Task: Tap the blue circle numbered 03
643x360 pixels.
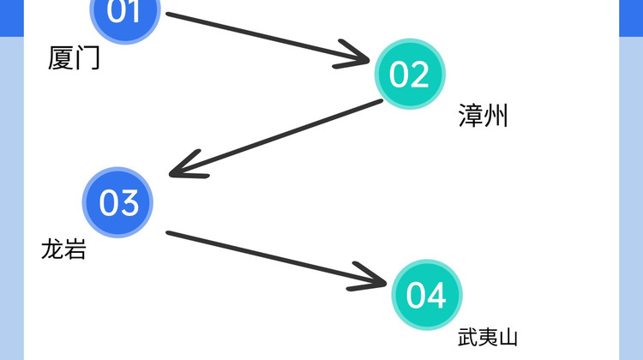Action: [117, 203]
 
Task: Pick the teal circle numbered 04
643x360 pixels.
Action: [426, 295]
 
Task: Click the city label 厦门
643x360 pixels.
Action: [75, 58]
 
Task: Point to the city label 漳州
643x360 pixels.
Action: [484, 116]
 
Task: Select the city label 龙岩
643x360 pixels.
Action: [64, 249]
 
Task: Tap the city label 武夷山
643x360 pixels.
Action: [488, 338]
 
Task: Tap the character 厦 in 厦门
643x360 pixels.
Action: [62, 58]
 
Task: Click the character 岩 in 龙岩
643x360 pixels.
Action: [75, 249]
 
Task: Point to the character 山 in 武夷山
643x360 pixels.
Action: [508, 338]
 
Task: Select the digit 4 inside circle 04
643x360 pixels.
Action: [437, 295]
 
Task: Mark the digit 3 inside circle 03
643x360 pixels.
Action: [129, 203]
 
